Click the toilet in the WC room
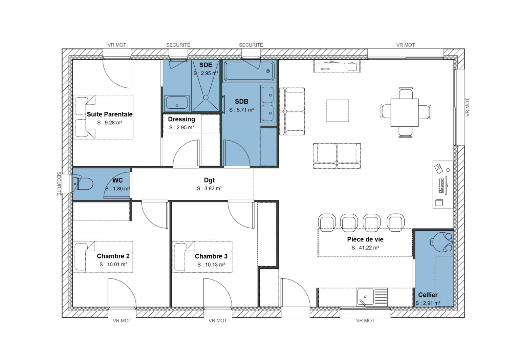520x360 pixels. [x=83, y=184]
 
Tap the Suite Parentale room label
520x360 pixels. [x=109, y=114]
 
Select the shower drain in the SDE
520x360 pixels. [x=205, y=97]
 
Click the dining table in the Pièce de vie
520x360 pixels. [x=405, y=112]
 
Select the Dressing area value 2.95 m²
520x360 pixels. [x=181, y=128]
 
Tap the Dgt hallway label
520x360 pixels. [x=209, y=180]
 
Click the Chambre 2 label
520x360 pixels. [x=113, y=256]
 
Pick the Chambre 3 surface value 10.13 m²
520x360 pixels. [x=211, y=265]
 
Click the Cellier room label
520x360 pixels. [x=428, y=295]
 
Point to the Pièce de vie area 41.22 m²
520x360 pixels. [x=365, y=248]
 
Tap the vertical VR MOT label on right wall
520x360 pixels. [x=468, y=108]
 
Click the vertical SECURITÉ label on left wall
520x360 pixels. [x=59, y=184]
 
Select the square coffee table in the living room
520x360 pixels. [x=337, y=110]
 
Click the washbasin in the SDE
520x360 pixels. [x=177, y=103]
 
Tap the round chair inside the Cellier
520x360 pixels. [x=442, y=241]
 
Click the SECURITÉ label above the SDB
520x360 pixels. [x=251, y=45]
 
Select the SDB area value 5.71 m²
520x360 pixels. [x=241, y=110]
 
